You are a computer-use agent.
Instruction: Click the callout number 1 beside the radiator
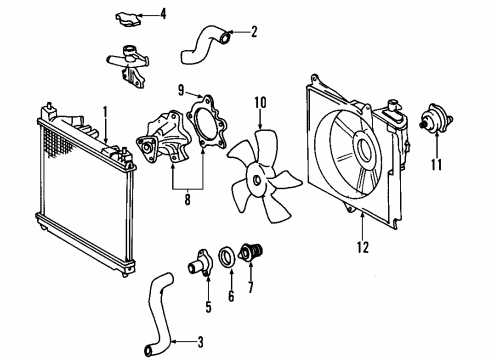click(104, 111)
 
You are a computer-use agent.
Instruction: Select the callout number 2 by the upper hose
click(254, 31)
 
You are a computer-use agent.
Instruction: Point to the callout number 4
click(164, 14)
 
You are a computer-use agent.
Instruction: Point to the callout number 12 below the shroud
click(363, 242)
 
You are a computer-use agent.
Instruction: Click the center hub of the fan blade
click(257, 180)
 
